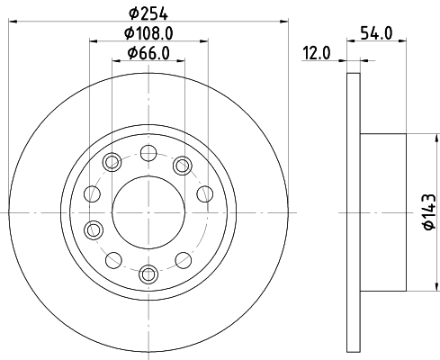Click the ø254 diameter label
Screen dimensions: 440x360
coord(148,13)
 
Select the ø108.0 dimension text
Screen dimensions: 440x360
coord(148,33)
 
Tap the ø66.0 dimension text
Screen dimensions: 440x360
coord(148,53)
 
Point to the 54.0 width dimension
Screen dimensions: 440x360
coord(376,33)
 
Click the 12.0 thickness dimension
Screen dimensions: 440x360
coord(317,53)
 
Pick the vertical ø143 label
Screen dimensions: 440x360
coord(429,211)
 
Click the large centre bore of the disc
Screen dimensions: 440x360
coord(148,212)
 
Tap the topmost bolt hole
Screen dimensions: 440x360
coord(148,153)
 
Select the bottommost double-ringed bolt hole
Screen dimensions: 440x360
coord(148,274)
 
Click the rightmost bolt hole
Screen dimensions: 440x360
coord(205,193)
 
